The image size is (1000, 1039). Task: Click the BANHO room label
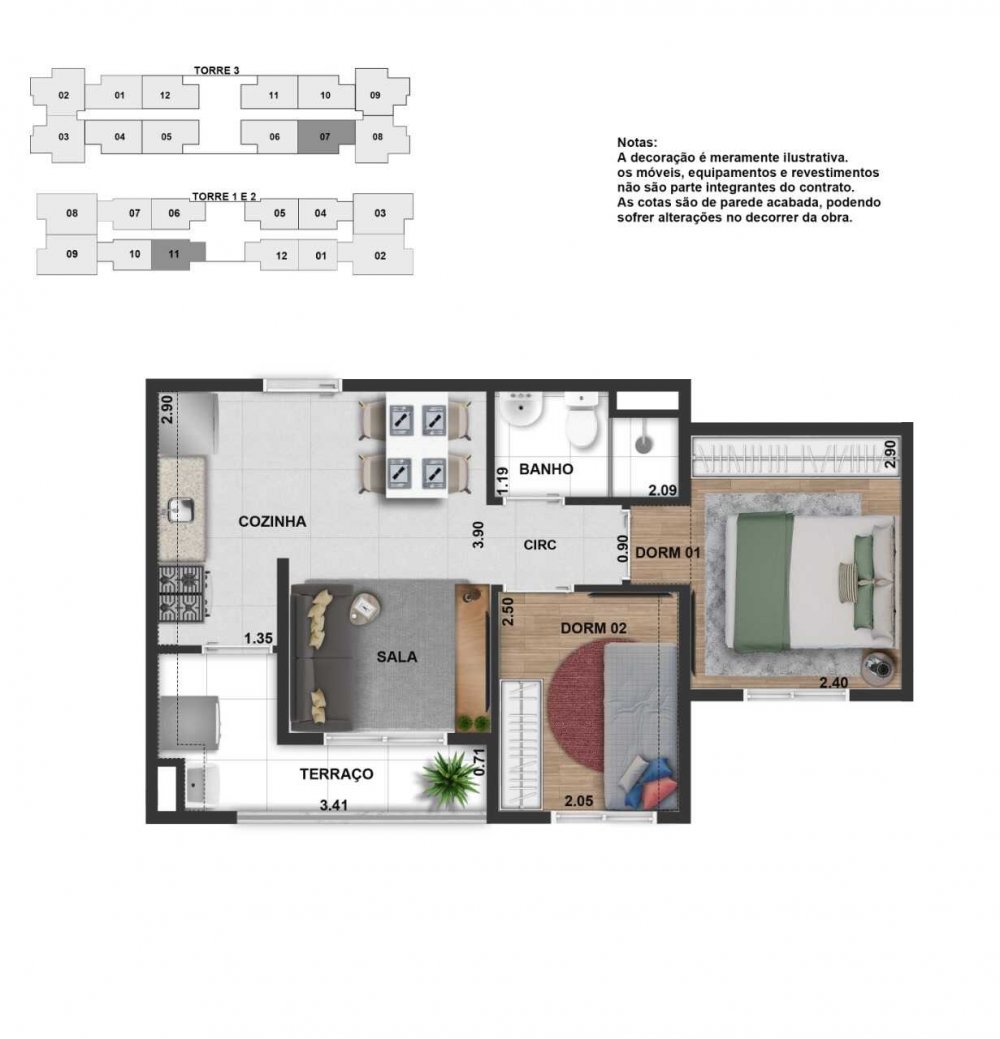tap(545, 469)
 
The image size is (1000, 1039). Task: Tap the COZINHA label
tap(272, 521)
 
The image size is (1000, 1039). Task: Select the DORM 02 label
tap(593, 628)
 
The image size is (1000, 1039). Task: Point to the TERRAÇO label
tap(336, 773)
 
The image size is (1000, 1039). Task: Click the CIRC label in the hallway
tap(540, 545)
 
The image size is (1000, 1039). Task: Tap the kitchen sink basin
tap(180, 510)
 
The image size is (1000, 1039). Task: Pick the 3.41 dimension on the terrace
tap(334, 806)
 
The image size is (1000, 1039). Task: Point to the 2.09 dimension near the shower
tap(662, 490)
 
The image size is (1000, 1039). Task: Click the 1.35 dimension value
tap(258, 638)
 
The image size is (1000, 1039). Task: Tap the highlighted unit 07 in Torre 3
tap(325, 137)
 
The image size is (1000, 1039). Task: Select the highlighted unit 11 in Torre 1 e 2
tap(174, 254)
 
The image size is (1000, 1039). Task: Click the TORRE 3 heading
tap(217, 70)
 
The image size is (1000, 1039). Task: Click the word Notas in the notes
tap(637, 142)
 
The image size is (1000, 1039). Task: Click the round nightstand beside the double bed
tap(880, 667)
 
